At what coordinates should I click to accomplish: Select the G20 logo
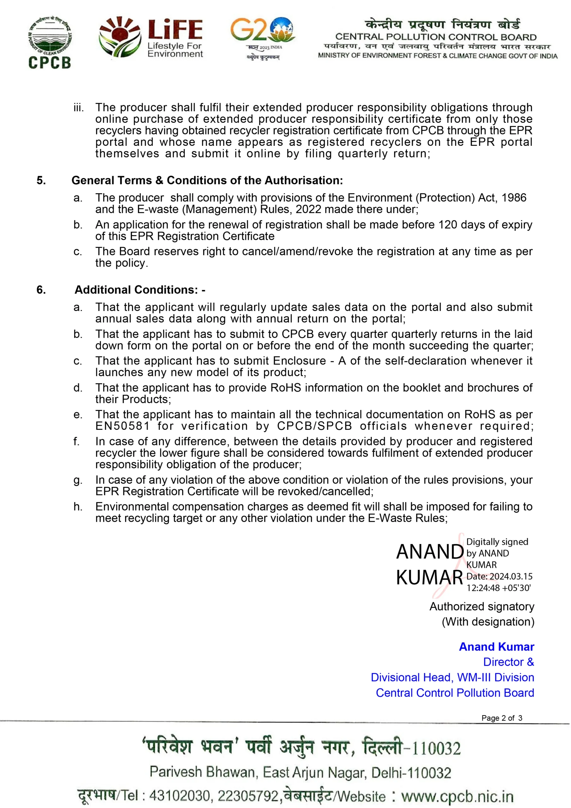[x=263, y=38]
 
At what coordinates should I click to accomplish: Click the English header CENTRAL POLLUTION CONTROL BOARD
[x=436, y=37]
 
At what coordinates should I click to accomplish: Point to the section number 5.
[x=41, y=180]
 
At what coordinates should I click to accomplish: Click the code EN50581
[x=122, y=426]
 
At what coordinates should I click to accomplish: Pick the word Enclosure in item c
[x=300, y=361]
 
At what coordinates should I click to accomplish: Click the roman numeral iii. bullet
[x=79, y=107]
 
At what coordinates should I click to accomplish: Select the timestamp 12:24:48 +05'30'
[x=498, y=588]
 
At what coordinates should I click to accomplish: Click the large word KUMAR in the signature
[x=429, y=578]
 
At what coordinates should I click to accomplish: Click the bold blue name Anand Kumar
[x=497, y=647]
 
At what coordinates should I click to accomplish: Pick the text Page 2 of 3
[x=502, y=718]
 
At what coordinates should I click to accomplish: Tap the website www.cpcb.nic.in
[x=457, y=796]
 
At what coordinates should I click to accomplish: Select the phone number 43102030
[x=180, y=796]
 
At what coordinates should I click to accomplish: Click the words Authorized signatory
[x=482, y=606]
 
